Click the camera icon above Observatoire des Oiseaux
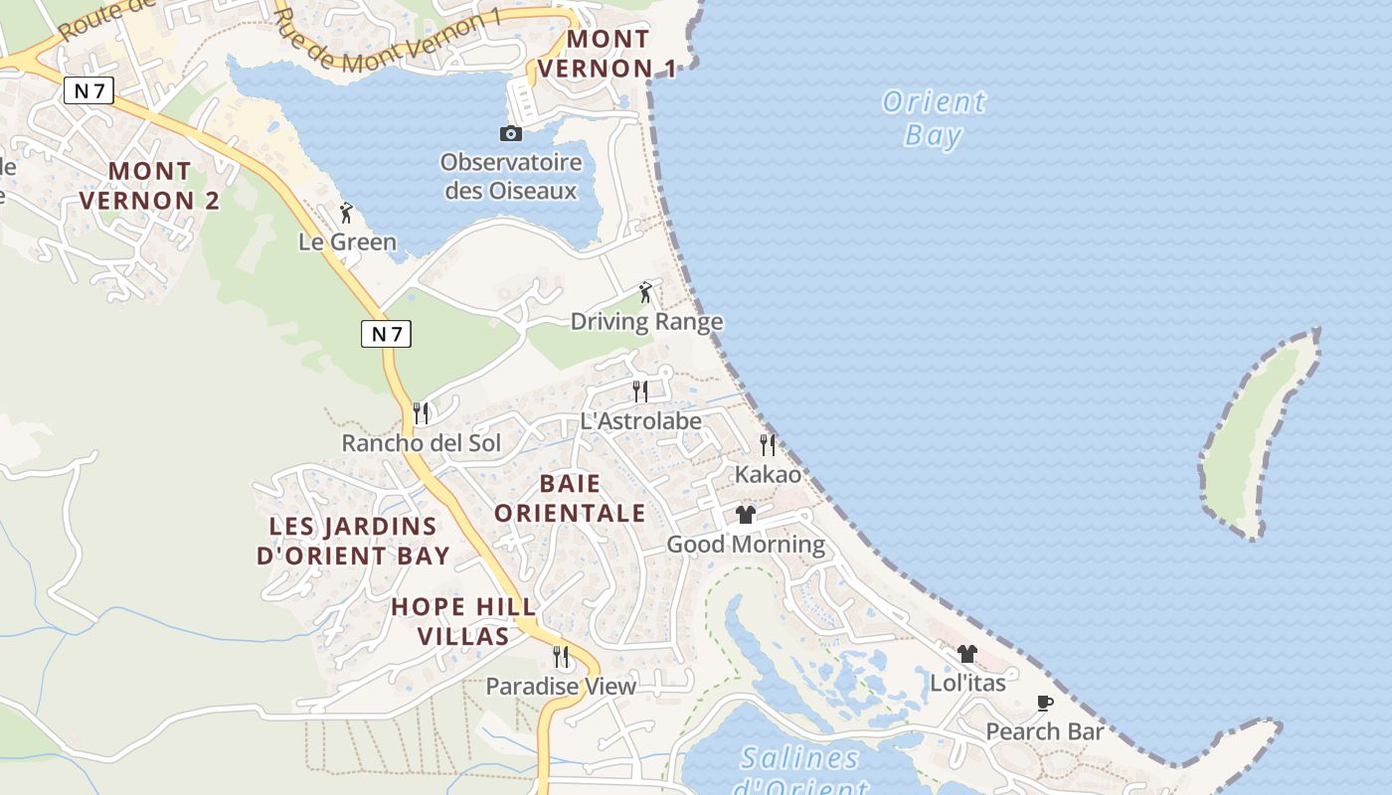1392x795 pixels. pyautogui.click(x=510, y=133)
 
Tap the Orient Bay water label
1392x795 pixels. pyautogui.click(x=934, y=117)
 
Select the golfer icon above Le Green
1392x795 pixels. pyautogui.click(x=346, y=213)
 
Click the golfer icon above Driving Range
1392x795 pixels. pyautogui.click(x=646, y=292)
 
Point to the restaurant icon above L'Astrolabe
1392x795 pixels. pyautogui.click(x=640, y=392)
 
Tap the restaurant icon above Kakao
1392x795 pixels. pyautogui.click(x=768, y=444)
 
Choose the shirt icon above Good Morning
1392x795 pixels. pyautogui.click(x=746, y=515)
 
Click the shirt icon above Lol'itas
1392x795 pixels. pyautogui.click(x=967, y=654)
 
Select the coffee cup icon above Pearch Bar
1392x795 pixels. pyautogui.click(x=1045, y=703)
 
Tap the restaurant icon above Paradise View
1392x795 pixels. pyautogui.click(x=561, y=656)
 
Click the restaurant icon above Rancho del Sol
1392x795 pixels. pyautogui.click(x=422, y=412)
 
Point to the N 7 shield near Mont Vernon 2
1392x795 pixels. pyautogui.click(x=89, y=91)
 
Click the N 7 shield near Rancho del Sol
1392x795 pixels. pyautogui.click(x=386, y=334)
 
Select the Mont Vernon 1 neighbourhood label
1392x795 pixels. pyautogui.click(x=607, y=54)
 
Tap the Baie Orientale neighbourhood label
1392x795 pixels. pyautogui.click(x=570, y=498)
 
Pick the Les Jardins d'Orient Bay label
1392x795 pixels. pyautogui.click(x=353, y=541)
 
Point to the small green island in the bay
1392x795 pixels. pyautogui.click(x=1255, y=437)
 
